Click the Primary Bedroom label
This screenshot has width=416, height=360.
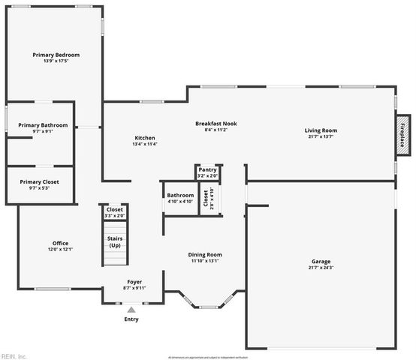56,55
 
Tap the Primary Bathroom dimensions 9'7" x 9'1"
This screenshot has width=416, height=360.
43,131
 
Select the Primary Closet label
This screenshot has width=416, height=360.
39,181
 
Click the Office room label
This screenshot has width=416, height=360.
61,243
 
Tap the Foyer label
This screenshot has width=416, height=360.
134,281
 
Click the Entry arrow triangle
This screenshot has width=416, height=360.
131,309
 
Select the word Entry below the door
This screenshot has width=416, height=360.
131,319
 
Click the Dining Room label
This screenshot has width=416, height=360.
205,255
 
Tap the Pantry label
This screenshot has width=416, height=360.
208,170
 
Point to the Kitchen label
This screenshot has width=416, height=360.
145,138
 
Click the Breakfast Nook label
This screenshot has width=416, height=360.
216,123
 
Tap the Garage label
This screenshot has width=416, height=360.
321,262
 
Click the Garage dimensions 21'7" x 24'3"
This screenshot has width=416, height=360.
321,268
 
